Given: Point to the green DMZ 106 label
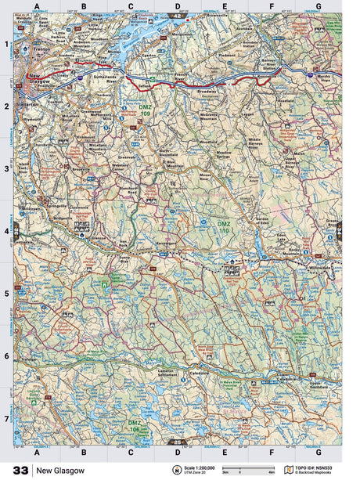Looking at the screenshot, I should pyautogui.click(x=135, y=425).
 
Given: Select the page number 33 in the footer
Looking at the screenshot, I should pyautogui.click(x=16, y=471).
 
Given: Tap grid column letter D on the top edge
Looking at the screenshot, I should pyautogui.click(x=177, y=6).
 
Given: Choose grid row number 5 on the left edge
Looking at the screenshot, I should pyautogui.click(x=6, y=294).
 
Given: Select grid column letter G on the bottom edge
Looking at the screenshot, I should pyautogui.click(x=318, y=453).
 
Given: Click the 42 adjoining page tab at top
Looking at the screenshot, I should pyautogui.click(x=177, y=15).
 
